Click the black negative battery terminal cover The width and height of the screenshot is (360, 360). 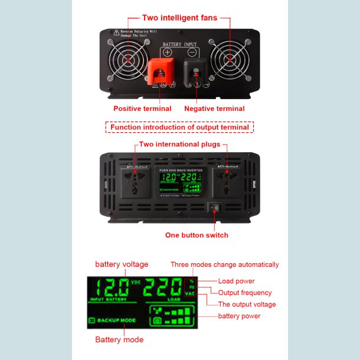(195, 73)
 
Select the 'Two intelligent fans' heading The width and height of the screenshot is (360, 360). (179, 18)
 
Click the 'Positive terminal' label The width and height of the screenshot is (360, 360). (142, 109)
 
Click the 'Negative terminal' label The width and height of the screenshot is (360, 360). (214, 109)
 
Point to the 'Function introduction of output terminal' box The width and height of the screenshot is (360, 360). (179, 127)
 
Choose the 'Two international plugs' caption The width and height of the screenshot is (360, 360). (179, 144)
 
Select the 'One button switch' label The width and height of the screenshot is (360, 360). (197, 235)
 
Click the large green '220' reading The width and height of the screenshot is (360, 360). (165, 289)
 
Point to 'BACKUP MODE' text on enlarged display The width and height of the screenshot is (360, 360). (116, 320)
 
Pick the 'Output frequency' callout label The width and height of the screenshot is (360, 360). (245, 293)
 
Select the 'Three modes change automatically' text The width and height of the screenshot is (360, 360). (224, 264)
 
